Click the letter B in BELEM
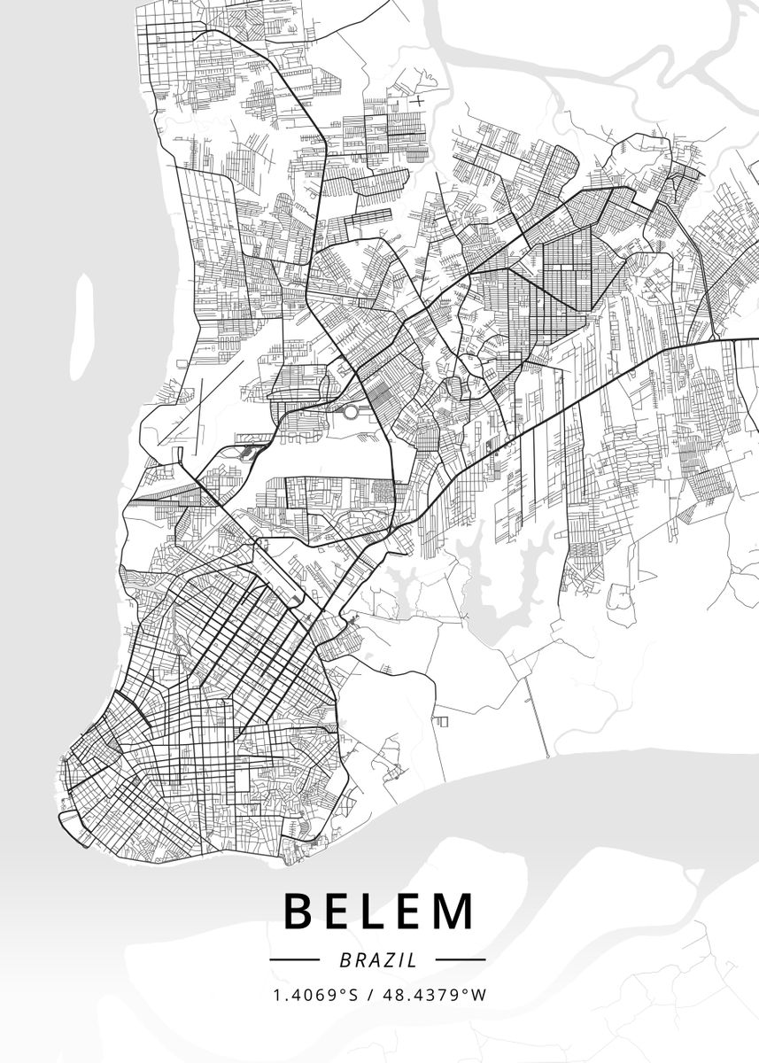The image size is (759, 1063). (x=299, y=912)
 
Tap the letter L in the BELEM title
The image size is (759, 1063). (x=379, y=912)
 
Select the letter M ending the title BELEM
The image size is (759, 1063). (x=454, y=912)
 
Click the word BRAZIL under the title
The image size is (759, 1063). (x=377, y=958)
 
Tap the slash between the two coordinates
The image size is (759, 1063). (x=369, y=995)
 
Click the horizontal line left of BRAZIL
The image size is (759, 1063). (x=293, y=958)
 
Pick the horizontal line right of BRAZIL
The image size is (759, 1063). (x=461, y=958)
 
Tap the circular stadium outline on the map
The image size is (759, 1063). (x=352, y=411)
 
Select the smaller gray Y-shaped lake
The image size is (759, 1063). (x=403, y=585)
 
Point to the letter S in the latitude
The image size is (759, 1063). (x=354, y=995)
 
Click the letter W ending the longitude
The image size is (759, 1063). (x=480, y=995)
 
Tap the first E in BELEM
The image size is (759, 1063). (x=339, y=912)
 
